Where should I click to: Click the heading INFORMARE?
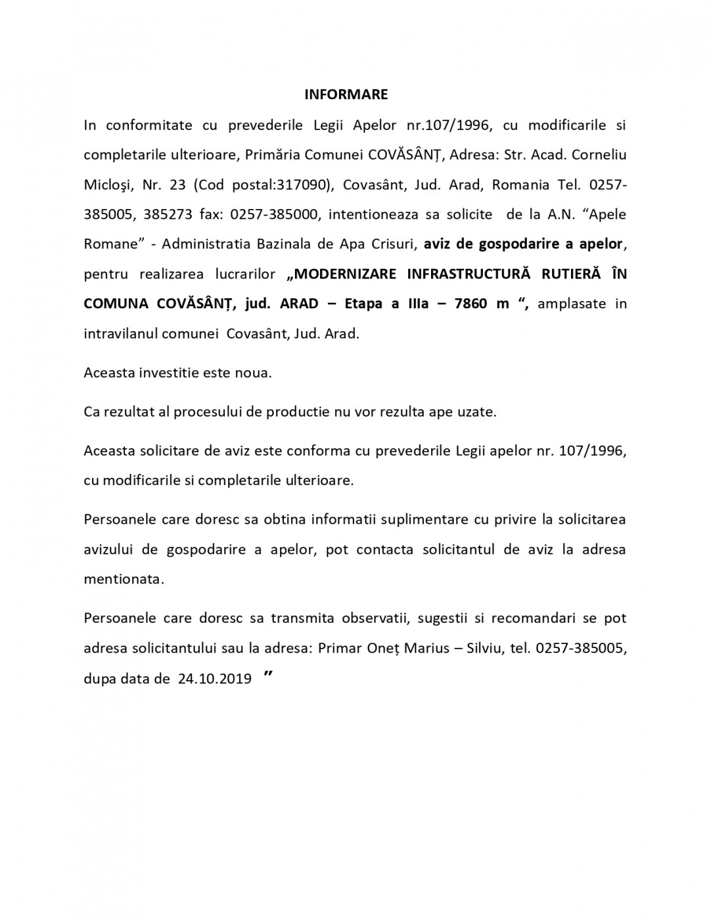346,95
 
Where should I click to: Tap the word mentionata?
123,580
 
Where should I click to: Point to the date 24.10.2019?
215,679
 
